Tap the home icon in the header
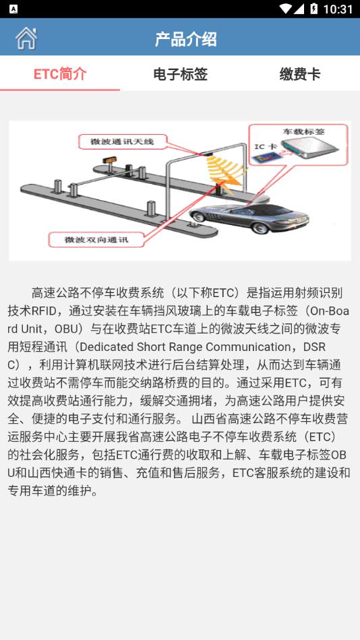tap(26, 38)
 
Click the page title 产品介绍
tap(185, 39)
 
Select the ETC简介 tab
tap(60, 74)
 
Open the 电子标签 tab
tap(180, 74)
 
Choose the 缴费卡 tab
tap(300, 74)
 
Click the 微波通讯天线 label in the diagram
tap(127, 141)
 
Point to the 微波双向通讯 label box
tap(96, 239)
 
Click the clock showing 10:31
tap(338, 9)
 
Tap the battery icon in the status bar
tap(314, 9)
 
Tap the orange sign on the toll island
tap(107, 160)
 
